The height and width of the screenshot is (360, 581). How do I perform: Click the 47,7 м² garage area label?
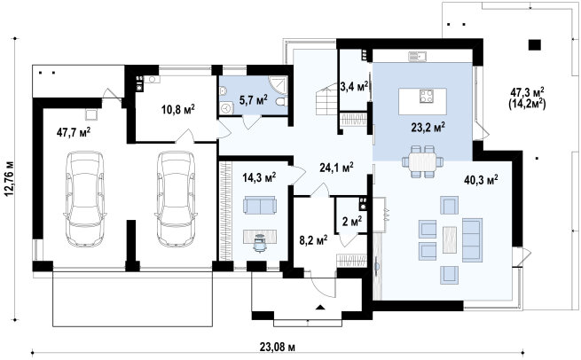(74, 132)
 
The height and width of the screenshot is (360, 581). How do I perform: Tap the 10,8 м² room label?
(178, 109)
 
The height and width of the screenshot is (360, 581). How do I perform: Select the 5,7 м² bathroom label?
(254, 100)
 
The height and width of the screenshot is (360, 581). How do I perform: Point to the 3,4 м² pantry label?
(354, 87)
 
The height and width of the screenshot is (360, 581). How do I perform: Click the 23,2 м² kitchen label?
(428, 128)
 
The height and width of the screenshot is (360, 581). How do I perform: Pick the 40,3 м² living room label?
(481, 180)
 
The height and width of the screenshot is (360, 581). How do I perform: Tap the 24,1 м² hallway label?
(336, 168)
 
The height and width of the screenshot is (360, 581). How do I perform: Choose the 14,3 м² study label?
(259, 177)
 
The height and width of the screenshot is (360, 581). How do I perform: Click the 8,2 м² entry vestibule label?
(313, 240)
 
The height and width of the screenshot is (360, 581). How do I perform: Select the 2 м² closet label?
(352, 222)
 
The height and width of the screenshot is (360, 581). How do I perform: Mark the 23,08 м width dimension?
(277, 347)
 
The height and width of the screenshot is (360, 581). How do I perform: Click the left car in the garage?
(85, 199)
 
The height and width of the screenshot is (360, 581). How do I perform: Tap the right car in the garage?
(176, 199)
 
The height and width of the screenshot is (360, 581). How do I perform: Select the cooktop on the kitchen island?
(426, 96)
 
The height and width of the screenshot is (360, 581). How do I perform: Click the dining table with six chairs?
(423, 162)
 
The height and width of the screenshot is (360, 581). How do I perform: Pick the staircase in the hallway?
(327, 99)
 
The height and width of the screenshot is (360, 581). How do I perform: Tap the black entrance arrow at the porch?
(320, 307)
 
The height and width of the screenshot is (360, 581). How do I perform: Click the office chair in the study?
(260, 243)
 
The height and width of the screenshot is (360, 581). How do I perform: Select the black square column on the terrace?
(534, 45)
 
